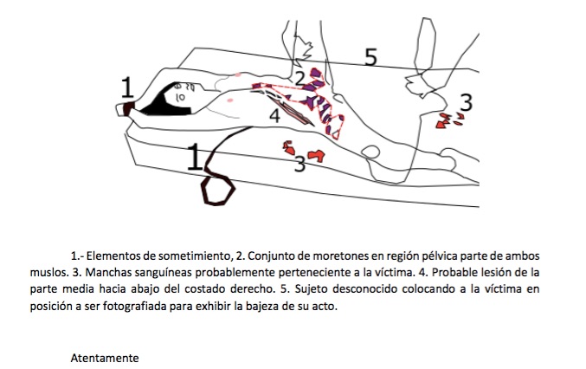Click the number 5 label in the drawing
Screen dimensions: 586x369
click(x=370, y=57)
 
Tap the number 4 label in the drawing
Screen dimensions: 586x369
click(x=274, y=115)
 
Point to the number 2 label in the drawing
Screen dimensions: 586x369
click(x=299, y=79)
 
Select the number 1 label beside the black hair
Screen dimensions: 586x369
click(x=127, y=87)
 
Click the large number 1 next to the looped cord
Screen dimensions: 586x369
click(x=195, y=157)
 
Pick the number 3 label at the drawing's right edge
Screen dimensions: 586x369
click(x=466, y=102)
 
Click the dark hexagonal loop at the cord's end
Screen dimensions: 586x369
click(x=218, y=191)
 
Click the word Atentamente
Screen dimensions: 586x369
click(x=105, y=358)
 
